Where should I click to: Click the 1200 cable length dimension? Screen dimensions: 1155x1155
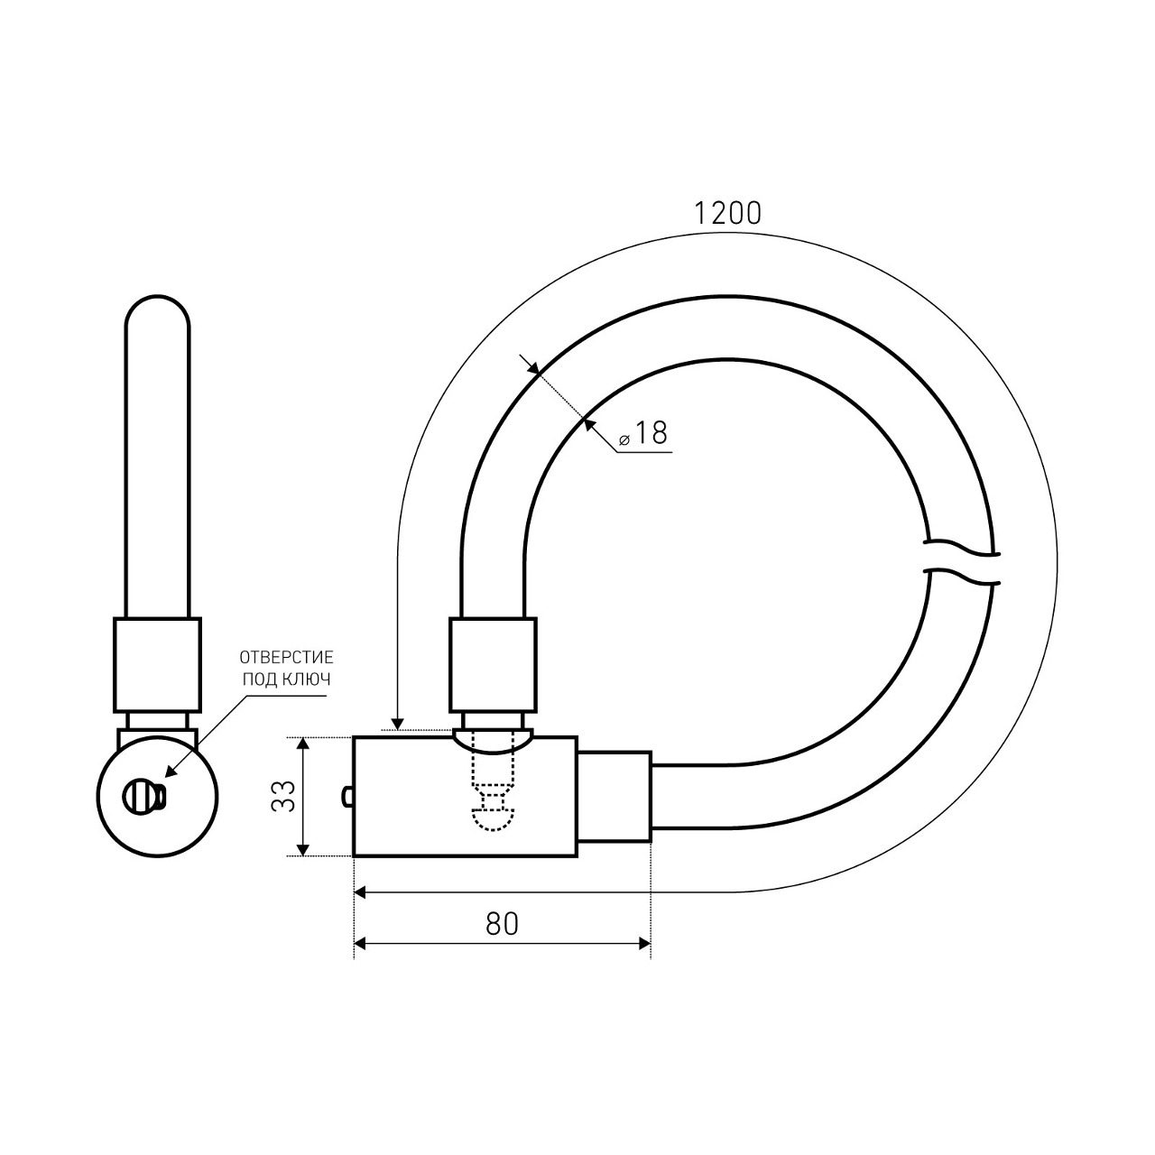tap(727, 213)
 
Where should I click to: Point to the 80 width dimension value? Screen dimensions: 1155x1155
tap(502, 924)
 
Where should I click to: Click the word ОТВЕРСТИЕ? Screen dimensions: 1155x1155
tap(287, 658)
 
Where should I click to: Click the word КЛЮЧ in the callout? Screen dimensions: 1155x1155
tap(309, 679)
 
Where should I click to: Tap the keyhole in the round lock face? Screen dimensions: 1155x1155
tap(144, 797)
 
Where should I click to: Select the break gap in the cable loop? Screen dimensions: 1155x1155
tap(961, 565)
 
